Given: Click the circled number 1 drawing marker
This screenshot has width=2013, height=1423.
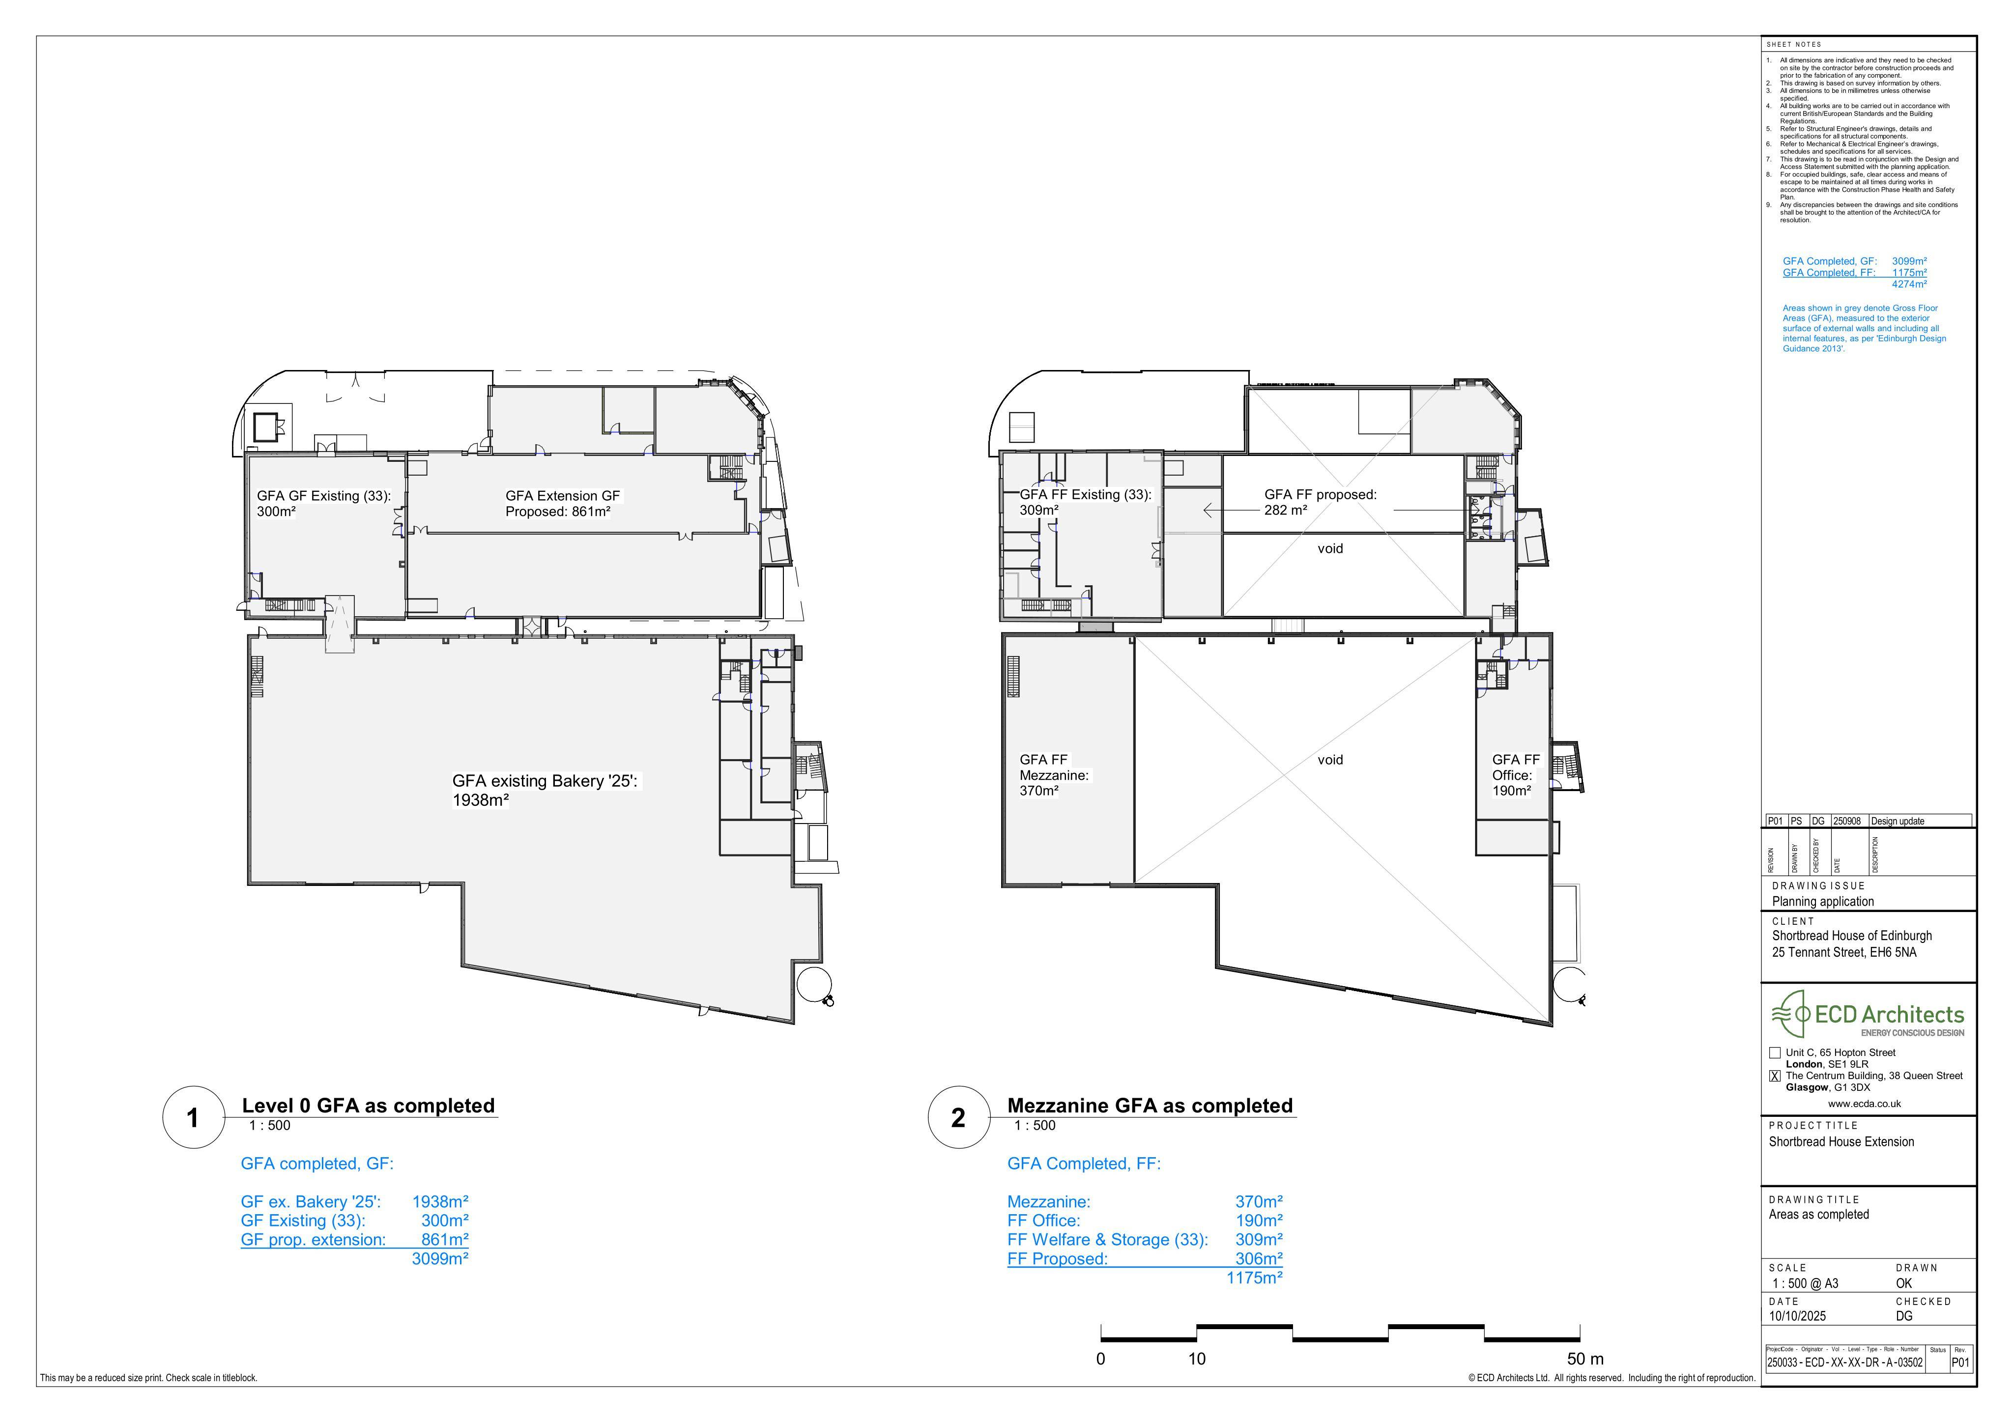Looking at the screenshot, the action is click(193, 1118).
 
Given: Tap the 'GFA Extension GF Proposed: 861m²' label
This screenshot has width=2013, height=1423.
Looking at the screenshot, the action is click(562, 503).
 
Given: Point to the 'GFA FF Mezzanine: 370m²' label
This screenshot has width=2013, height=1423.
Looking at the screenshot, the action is click(1054, 775).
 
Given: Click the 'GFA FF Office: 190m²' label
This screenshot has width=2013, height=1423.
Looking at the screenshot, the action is click(1516, 775).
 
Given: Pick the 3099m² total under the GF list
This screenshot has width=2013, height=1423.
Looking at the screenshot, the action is click(440, 1259).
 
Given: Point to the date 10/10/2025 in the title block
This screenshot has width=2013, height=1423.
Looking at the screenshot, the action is click(1797, 1316).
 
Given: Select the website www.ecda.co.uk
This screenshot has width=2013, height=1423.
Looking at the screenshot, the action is click(1865, 1104).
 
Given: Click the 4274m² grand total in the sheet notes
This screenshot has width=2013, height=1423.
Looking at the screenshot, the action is click(1909, 284).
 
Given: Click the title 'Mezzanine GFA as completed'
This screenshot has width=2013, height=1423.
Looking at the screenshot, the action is click(1150, 1106).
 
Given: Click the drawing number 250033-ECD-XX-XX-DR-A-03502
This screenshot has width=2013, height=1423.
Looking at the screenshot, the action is click(1844, 1364).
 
